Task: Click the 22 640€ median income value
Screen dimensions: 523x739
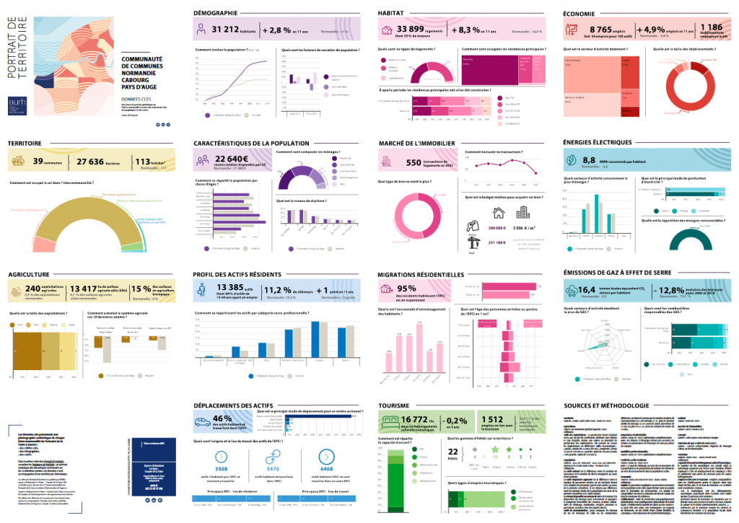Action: pos(232,159)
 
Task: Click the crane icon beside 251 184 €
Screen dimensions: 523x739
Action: pos(473,239)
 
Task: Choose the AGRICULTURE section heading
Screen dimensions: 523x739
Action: pos(29,275)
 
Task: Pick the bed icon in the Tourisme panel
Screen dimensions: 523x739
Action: pos(390,419)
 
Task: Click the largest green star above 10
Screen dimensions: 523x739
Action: pos(495,449)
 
